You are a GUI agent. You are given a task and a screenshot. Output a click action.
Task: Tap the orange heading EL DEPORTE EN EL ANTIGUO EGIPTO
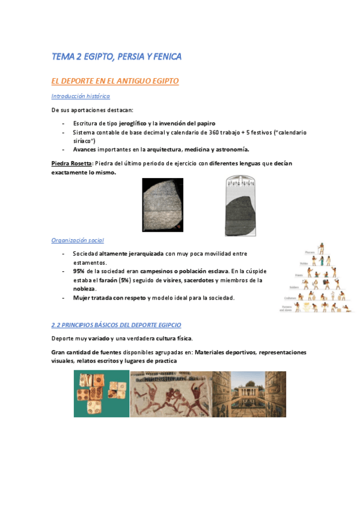115,81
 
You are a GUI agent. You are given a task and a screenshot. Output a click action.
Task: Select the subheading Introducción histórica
81,96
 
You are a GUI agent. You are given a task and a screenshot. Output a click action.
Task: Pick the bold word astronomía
229,149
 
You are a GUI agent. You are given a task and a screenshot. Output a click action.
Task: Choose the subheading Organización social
78,241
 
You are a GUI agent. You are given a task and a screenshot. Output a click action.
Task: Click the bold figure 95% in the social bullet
79,271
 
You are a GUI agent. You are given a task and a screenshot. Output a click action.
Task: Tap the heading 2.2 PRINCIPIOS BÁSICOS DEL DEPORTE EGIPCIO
116,325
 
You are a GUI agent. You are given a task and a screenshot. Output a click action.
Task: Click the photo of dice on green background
101,394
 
